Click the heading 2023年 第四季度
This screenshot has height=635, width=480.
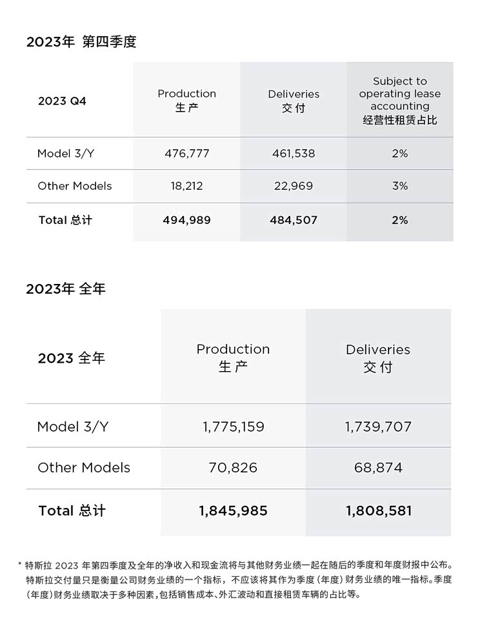point(81,42)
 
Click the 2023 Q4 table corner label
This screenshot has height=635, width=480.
point(62,101)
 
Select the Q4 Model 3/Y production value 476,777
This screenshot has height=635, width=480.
point(186,154)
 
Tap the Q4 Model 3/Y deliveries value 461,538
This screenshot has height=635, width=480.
point(294,154)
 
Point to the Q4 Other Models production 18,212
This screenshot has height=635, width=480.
point(186,186)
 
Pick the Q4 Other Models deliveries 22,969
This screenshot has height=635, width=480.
point(294,186)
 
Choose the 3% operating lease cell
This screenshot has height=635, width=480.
point(400,186)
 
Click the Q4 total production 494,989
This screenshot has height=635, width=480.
point(186,220)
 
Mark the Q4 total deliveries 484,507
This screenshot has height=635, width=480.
point(294,220)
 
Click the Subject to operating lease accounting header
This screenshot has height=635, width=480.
point(400,100)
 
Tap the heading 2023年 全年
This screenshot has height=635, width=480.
point(66,289)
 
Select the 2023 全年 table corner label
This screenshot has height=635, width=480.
point(71,358)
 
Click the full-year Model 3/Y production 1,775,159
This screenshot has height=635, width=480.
point(233,427)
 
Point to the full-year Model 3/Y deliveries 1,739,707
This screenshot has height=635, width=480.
point(378,427)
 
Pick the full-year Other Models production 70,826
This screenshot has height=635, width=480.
point(233,468)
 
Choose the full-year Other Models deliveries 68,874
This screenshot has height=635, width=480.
point(378,468)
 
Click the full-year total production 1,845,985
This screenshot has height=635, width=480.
point(233,511)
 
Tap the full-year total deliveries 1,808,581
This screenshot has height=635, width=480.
point(378,511)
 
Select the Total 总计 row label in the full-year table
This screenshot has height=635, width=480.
point(72,511)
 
